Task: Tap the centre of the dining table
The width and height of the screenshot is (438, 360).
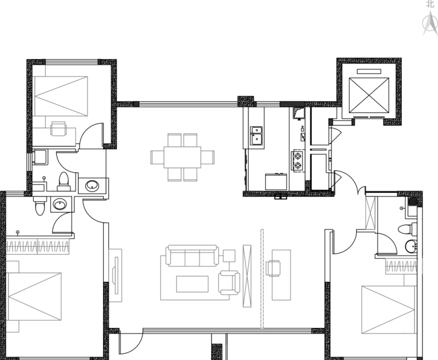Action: pyautogui.click(x=182, y=157)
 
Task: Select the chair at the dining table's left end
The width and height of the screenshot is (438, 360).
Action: pyautogui.click(x=157, y=157)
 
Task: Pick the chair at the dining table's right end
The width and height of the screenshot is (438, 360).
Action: pyautogui.click(x=208, y=157)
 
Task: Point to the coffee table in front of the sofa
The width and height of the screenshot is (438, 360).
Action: pyautogui.click(x=192, y=284)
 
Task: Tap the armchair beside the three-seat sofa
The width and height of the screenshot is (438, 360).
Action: pyautogui.click(x=228, y=282)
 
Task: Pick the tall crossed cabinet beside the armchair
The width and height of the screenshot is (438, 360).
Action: pyautogui.click(x=247, y=275)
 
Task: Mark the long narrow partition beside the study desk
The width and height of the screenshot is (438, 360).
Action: pyautogui.click(x=262, y=278)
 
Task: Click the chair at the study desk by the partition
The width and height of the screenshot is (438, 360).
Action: pyautogui.click(x=274, y=268)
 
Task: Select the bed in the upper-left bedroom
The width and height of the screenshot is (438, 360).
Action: pyautogui.click(x=61, y=96)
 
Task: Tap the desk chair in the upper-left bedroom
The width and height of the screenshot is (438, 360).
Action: pyautogui.click(x=59, y=128)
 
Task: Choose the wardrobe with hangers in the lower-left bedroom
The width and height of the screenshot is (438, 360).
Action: pyautogui.click(x=38, y=246)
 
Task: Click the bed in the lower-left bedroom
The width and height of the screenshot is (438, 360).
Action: pyautogui.click(x=34, y=297)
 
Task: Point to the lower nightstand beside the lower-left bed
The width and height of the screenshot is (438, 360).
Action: pyautogui.click(x=13, y=327)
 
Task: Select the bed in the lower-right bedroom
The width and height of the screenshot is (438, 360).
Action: pyautogui.click(x=388, y=310)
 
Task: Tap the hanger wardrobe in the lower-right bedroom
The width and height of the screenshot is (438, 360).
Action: pyautogui.click(x=401, y=266)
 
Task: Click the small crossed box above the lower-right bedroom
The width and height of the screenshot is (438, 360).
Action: pyautogui.click(x=371, y=212)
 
